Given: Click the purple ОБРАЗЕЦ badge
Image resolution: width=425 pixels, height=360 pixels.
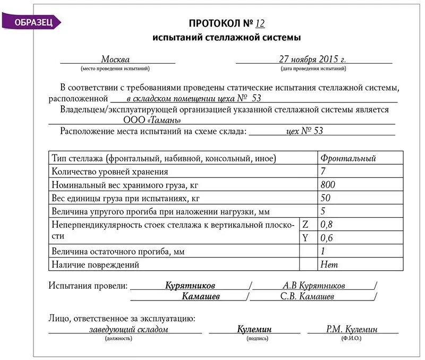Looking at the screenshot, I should (x=32, y=22).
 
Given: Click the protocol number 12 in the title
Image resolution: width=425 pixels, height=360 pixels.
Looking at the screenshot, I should (x=260, y=23).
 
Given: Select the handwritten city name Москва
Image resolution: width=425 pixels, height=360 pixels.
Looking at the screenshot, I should (x=115, y=59).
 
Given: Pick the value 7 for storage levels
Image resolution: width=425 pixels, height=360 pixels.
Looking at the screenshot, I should (x=323, y=172).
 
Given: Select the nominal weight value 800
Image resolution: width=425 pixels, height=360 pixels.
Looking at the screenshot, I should (x=328, y=185).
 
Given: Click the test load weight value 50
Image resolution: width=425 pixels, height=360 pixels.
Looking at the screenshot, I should (x=325, y=198).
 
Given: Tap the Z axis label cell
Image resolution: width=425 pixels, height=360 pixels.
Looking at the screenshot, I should (x=305, y=225).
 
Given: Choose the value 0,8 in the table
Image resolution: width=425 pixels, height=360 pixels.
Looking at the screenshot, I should (x=327, y=225).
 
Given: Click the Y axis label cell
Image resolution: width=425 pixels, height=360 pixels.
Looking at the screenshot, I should (x=305, y=238).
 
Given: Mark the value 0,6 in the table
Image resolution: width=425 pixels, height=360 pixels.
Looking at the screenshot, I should (x=327, y=238).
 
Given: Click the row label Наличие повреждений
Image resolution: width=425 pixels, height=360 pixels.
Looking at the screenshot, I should (x=96, y=264).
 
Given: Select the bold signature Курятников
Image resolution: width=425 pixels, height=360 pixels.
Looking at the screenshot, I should (x=190, y=286).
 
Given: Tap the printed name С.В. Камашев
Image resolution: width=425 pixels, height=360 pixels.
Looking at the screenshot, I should (x=307, y=296).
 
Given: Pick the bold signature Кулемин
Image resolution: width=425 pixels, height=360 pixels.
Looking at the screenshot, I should (x=254, y=329).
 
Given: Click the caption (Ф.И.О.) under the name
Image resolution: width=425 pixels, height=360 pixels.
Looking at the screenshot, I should (x=352, y=338).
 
